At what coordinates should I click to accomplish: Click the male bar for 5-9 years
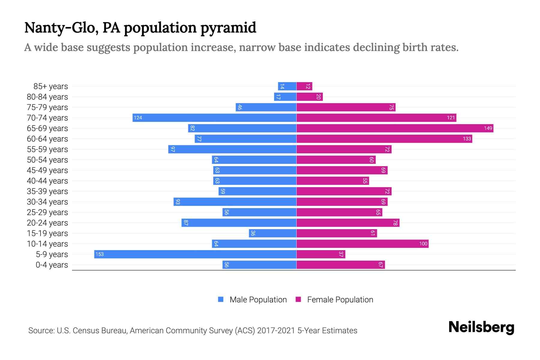click(195, 254)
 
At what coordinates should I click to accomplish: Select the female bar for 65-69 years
click(395, 128)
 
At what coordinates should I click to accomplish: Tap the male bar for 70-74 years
click(214, 118)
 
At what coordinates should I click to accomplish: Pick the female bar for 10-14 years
click(362, 244)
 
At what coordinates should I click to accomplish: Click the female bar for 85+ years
click(304, 86)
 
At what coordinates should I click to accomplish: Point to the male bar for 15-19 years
click(272, 233)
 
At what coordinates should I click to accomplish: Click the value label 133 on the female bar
click(467, 139)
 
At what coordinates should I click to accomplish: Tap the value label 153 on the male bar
click(100, 254)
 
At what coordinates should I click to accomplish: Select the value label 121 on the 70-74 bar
click(451, 118)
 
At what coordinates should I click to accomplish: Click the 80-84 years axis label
click(47, 97)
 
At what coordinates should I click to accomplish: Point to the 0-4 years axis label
click(52, 265)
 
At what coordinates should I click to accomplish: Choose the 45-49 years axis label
click(47, 170)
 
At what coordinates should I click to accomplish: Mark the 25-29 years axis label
click(47, 212)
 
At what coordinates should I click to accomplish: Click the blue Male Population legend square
click(221, 299)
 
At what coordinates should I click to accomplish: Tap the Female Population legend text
click(340, 299)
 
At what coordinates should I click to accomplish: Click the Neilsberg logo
click(481, 327)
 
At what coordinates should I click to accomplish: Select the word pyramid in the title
click(228, 28)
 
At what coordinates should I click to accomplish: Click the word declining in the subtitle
click(376, 47)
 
